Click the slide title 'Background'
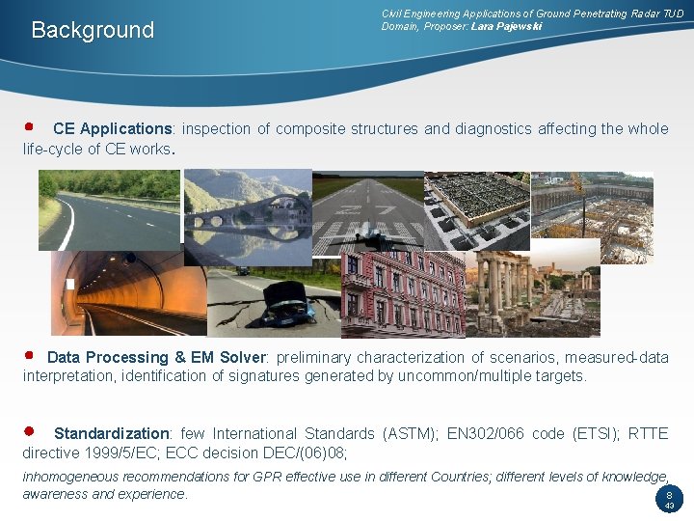tap(93, 30)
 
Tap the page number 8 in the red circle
tap(668, 494)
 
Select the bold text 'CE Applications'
tap(112, 129)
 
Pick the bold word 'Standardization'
tap(111, 434)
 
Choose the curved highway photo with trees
tap(108, 209)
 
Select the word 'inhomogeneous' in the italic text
tap(70, 477)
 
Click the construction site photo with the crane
tap(591, 218)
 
